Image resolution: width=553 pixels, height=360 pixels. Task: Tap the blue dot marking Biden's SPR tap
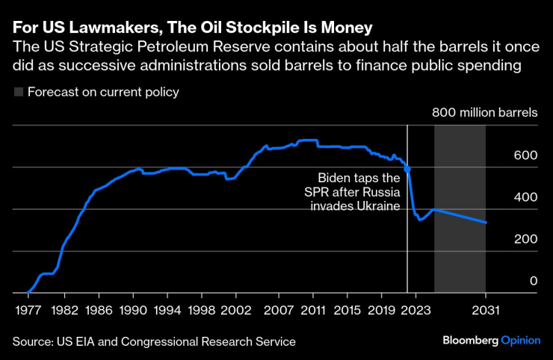(407, 170)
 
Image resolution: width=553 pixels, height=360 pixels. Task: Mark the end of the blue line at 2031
(486, 223)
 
